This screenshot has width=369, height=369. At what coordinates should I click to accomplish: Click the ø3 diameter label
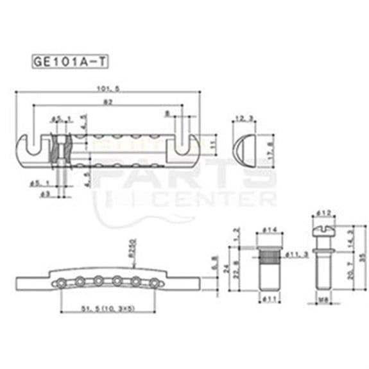(44, 193)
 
